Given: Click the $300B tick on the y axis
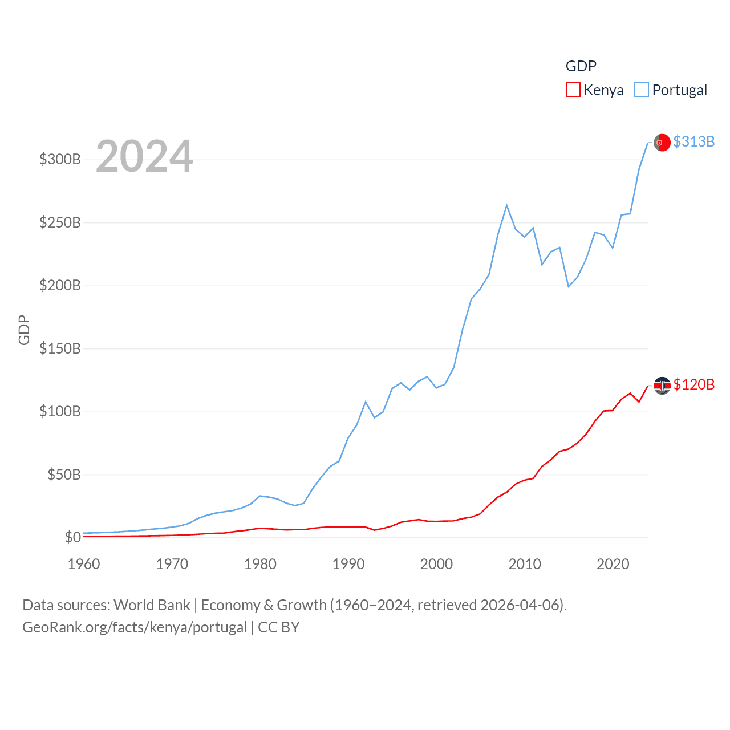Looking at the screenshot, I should pos(60,159).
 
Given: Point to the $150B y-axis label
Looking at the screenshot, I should pos(60,348).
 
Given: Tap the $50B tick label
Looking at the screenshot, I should pos(64,474).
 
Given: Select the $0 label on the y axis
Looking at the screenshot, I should pos(72,537).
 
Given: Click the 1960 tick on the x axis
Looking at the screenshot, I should pos(84,564).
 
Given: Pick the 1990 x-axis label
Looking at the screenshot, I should pos(348,564).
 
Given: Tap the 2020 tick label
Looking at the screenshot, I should pos(613,564).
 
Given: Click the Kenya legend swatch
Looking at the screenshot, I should pos(573,90).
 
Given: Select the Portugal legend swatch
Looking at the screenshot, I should pos(642,90).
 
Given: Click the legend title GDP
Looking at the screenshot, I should pos(581,66).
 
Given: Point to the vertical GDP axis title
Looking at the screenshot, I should pos(24,330).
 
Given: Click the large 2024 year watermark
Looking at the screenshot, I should pos(144,156).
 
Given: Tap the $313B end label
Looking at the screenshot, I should pos(693,141).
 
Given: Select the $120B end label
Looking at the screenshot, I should pos(693,384).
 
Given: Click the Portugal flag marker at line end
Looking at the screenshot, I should pos(662,143).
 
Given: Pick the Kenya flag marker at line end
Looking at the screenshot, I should pos(662,386).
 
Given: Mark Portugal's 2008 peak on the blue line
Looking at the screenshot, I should pos(506,205).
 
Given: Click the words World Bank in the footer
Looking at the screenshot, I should pos(152,605).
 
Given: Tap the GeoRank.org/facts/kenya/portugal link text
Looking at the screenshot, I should pos(135,627).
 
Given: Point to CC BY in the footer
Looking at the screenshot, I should pos(279,627).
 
